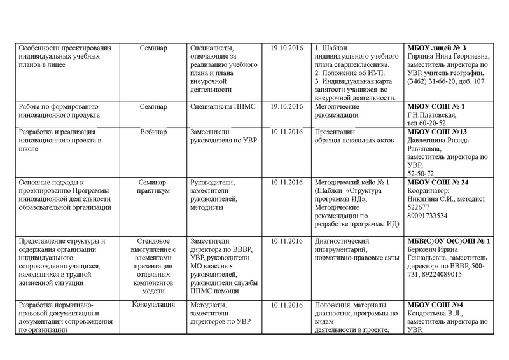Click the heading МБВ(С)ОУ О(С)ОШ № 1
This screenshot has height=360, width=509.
coord(448,241)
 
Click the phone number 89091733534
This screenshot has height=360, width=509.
coord(428,216)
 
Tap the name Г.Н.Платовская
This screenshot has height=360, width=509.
coord(432,114)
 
